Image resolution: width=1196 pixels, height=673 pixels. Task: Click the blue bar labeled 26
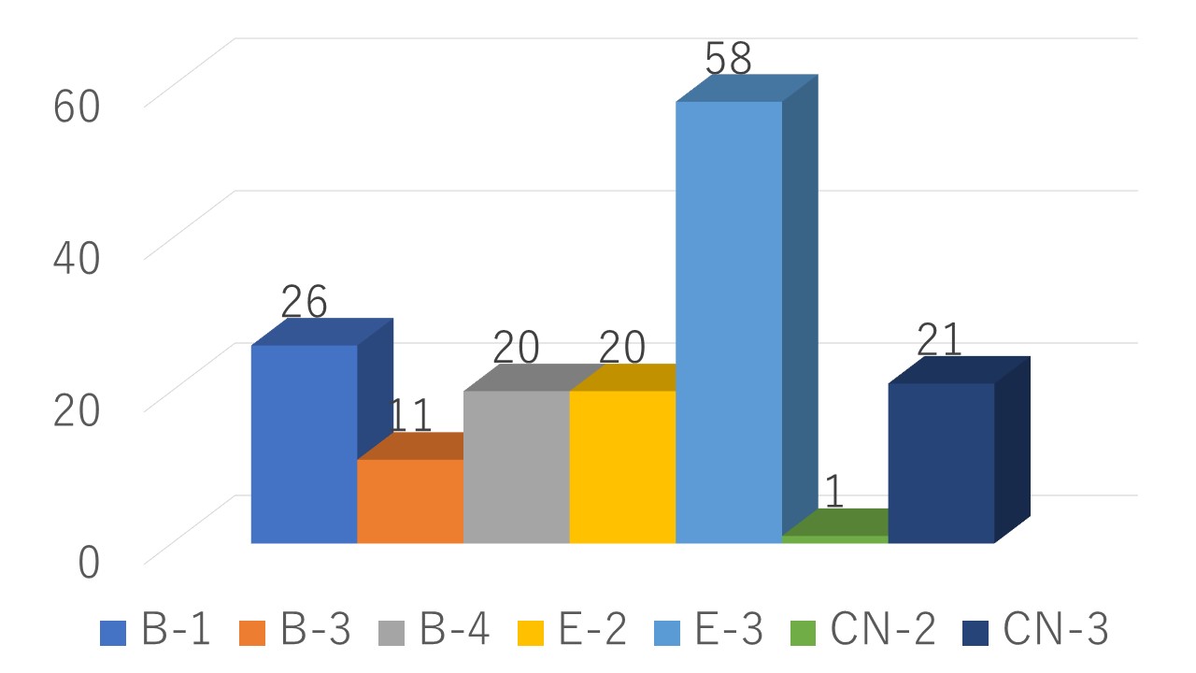click(305, 444)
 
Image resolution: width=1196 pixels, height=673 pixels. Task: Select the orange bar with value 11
click(410, 501)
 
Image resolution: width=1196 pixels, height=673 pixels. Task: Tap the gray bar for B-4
click(517, 466)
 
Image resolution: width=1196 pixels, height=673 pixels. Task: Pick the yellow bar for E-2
click(622, 466)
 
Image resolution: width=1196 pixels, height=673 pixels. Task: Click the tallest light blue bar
click(729, 322)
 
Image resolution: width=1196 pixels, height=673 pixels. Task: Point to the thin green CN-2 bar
click(835, 539)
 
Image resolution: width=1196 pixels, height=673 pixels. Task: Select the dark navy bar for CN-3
click(941, 463)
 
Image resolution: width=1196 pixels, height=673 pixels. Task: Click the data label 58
click(728, 58)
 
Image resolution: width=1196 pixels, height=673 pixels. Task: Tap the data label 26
click(304, 301)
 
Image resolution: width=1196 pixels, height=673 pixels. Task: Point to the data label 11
click(410, 415)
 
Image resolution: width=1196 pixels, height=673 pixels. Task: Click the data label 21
click(939, 339)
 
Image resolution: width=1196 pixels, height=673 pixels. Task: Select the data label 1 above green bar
click(834, 492)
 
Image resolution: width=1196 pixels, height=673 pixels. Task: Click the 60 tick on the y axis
click(77, 107)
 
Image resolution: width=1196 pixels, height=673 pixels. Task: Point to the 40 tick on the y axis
click(77, 259)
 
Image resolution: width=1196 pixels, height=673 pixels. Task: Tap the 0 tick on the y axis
click(89, 563)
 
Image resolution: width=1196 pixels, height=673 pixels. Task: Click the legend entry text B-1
click(175, 629)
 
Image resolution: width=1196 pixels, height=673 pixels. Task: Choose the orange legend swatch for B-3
click(252, 633)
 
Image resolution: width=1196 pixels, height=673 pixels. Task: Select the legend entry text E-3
click(728, 629)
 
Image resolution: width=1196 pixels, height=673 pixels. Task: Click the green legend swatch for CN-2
click(803, 633)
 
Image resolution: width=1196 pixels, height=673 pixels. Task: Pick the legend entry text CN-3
click(1056, 629)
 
